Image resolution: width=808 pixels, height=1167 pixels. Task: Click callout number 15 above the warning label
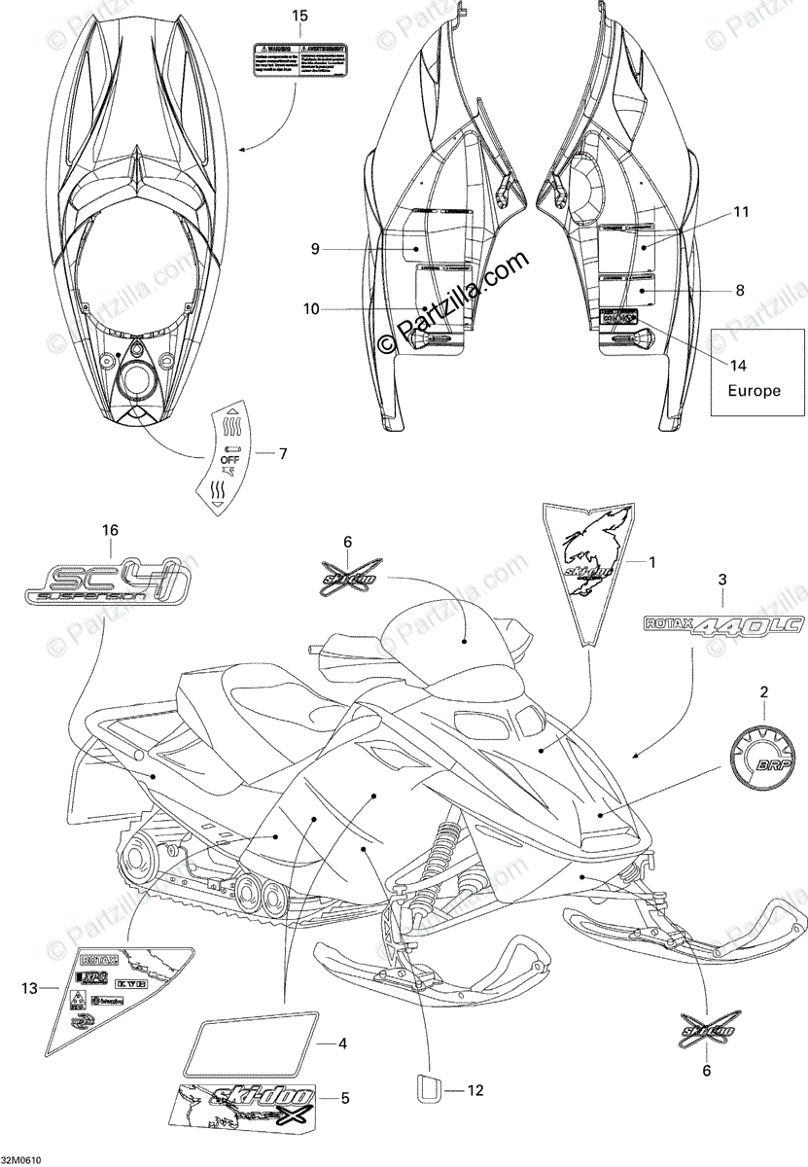coord(299,17)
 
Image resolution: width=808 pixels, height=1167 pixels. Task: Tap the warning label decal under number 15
coord(299,59)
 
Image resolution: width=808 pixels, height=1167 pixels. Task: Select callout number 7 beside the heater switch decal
coord(284,453)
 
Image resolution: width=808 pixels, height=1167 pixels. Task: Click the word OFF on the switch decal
coord(229,457)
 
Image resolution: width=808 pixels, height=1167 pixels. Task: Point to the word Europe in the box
coord(755,391)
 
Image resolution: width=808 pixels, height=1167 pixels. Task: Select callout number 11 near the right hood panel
coord(742,211)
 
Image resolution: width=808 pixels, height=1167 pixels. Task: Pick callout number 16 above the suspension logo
coord(110,530)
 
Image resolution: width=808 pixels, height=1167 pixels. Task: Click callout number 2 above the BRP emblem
coord(763,692)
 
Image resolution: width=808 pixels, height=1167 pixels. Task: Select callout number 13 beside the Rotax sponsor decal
coord(30,988)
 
